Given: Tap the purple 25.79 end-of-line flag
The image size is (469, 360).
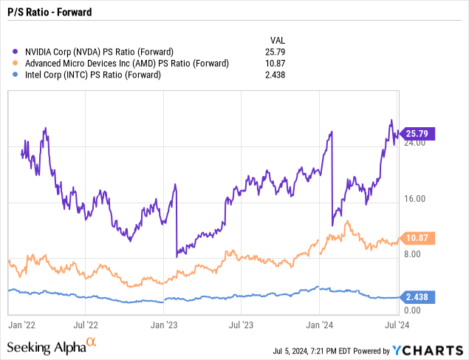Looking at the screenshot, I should pos(418,134).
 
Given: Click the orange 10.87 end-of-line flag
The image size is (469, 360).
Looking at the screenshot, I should pos(418,238).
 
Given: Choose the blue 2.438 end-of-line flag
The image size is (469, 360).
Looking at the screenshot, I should pos(418,296).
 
